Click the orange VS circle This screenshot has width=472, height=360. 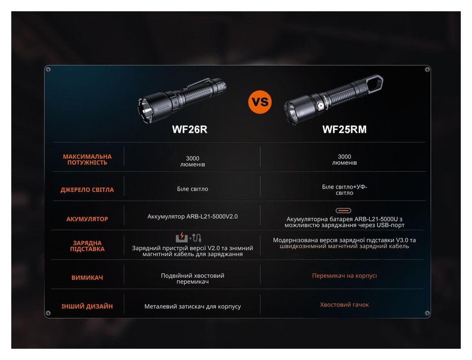pos(260,102)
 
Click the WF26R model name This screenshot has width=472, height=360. pos(190,130)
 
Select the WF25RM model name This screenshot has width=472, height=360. pos(344,130)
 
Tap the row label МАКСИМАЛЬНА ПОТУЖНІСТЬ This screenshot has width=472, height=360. pos(87,159)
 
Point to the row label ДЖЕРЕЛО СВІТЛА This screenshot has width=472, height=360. pos(87,189)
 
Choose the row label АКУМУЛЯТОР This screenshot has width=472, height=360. pos(87,219)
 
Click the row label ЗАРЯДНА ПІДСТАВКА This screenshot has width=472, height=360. pos(87,246)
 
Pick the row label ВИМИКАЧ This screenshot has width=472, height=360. pos(87,278)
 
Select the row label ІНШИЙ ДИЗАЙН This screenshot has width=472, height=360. pos(87,306)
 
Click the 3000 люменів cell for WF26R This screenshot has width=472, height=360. pos(192,162)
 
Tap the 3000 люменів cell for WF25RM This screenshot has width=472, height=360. pos(344,160)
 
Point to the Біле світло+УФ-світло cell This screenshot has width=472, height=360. pos(344,189)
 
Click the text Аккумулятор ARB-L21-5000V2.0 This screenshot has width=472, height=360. pos(192,216)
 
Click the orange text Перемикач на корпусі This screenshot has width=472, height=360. pos(344,275)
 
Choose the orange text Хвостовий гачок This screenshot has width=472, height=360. pos(344,305)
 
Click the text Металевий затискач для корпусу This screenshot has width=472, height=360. pos(192,306)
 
